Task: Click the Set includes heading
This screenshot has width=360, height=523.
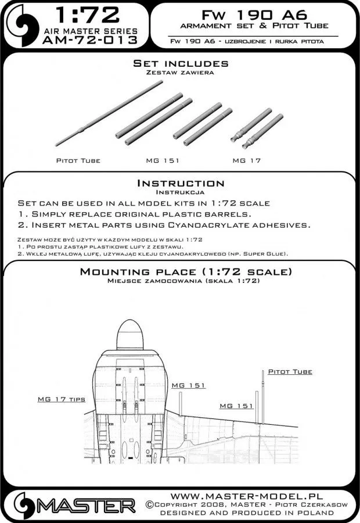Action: (x=181, y=63)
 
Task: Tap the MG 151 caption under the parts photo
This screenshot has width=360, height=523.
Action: (x=153, y=160)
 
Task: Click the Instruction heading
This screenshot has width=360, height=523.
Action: (x=181, y=183)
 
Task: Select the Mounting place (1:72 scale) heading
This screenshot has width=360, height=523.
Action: (x=181, y=272)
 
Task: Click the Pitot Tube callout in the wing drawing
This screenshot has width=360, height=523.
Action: (x=290, y=371)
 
